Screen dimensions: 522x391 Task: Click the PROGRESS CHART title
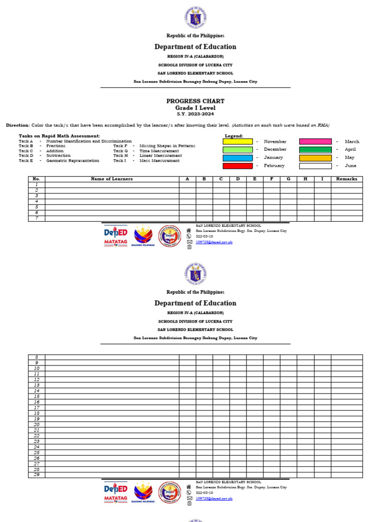(x=195, y=101)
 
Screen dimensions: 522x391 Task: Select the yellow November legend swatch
(x=238, y=142)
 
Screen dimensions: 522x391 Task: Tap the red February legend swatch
(x=238, y=166)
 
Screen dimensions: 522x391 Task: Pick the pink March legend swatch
(x=315, y=142)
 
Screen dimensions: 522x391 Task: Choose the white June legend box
(x=315, y=166)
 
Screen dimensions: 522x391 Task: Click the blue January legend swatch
(x=238, y=158)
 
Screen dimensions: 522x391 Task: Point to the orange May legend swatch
(x=315, y=158)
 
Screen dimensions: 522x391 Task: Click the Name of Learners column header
(x=111, y=179)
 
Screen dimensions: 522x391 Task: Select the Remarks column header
(x=346, y=179)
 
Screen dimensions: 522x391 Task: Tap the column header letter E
(x=255, y=179)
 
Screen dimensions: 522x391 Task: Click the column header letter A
(x=187, y=179)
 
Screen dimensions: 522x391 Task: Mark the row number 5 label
(x=36, y=207)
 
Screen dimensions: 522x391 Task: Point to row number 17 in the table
(x=36, y=407)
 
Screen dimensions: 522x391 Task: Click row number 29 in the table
(x=36, y=475)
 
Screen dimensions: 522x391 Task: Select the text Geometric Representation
(x=73, y=161)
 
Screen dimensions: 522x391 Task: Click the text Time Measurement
(x=160, y=151)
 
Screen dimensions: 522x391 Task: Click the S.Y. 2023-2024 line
(x=195, y=114)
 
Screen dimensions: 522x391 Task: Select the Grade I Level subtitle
(x=195, y=108)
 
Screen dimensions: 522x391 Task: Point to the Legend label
(x=234, y=136)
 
